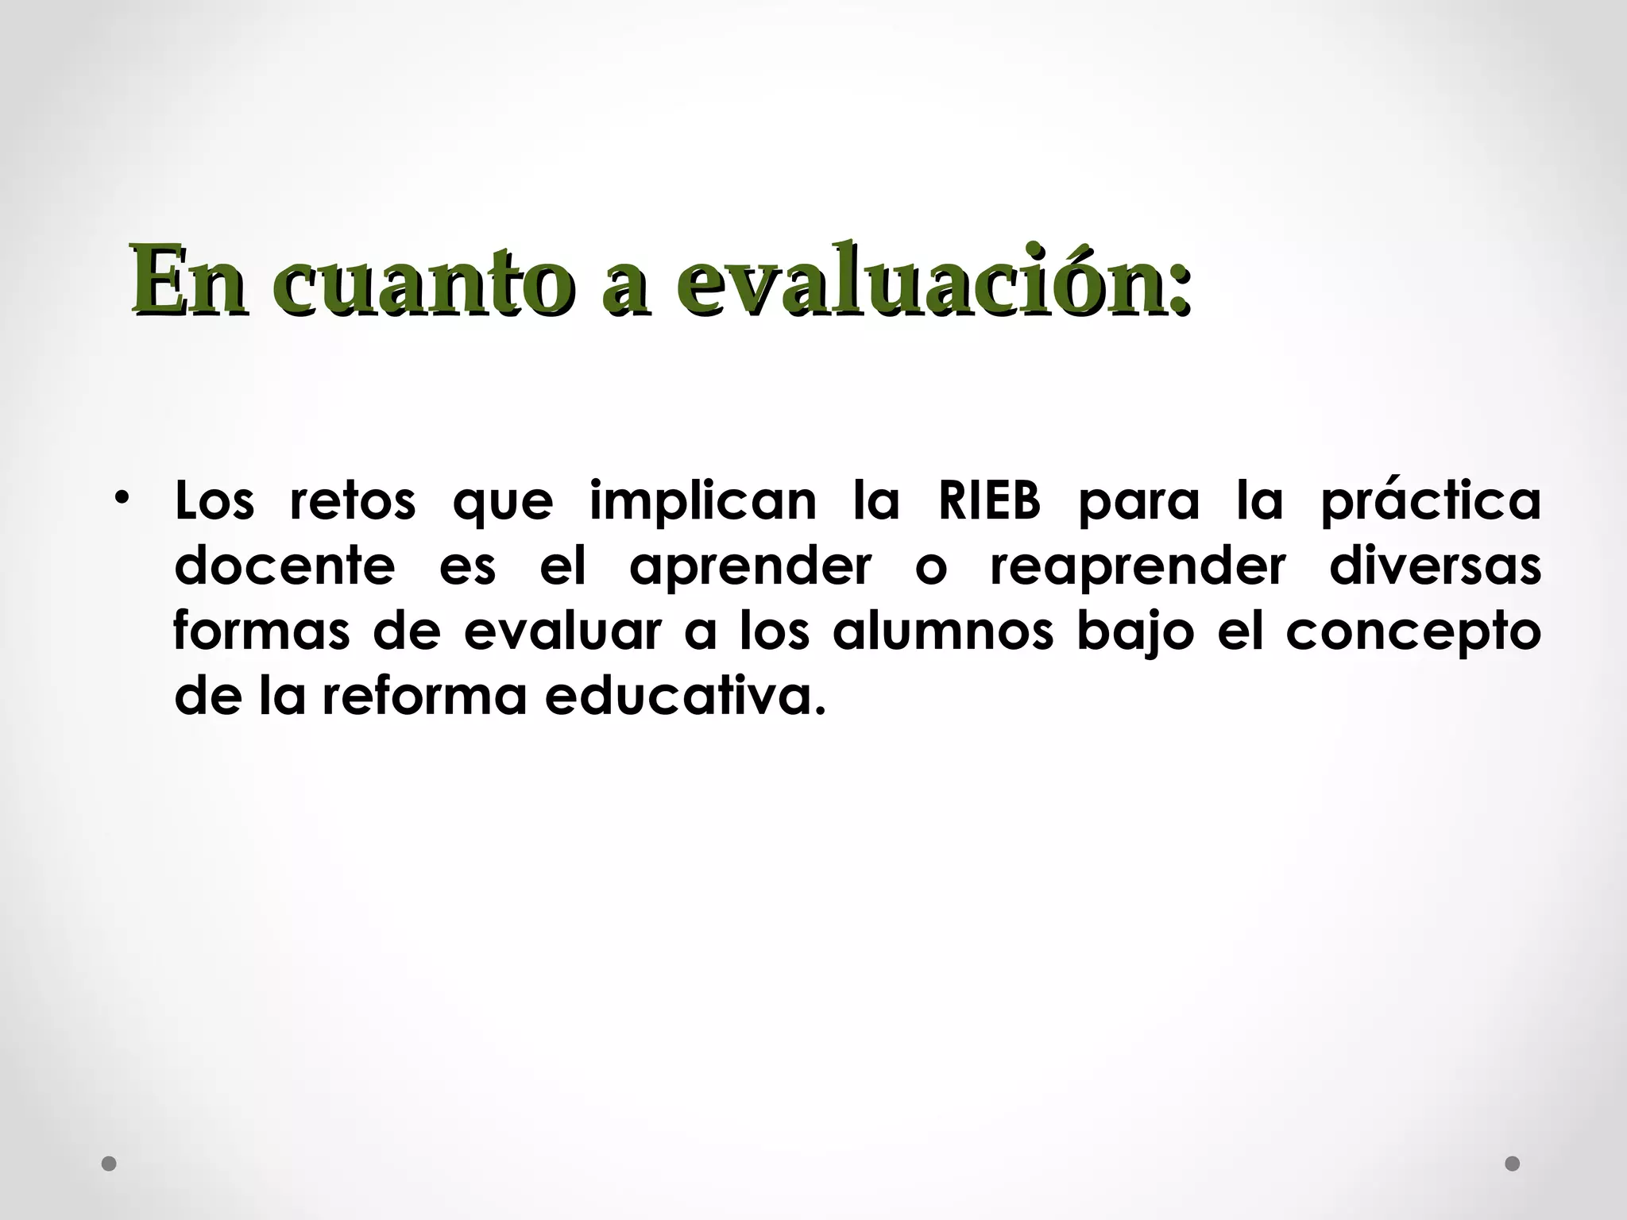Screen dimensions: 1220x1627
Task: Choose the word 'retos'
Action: coord(353,501)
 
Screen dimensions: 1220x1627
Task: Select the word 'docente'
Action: coord(284,567)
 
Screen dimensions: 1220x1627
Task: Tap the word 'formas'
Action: coord(261,632)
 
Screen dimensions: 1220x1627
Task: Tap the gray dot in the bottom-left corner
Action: coord(110,1164)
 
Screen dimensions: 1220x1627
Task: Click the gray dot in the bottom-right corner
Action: coord(1513,1164)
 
